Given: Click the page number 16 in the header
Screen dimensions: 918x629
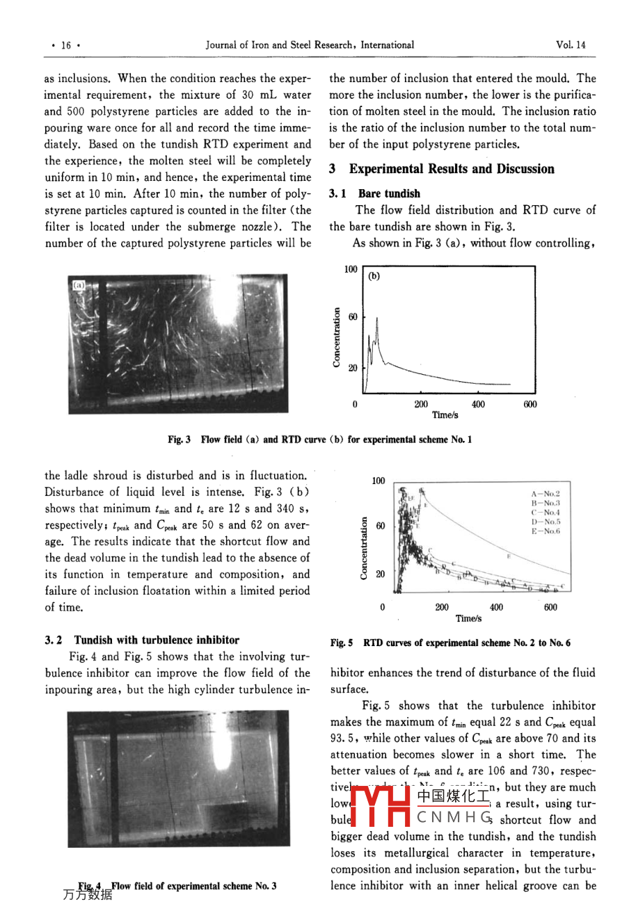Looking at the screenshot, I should coord(66,45).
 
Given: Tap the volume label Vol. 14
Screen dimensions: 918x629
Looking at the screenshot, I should coord(571,45).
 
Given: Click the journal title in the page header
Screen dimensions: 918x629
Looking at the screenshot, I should coord(310,45).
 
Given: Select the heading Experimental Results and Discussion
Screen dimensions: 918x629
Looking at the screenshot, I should coord(452,169).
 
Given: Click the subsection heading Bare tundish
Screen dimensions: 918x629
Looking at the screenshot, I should coord(389,193).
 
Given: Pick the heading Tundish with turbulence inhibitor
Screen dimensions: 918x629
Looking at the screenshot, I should coord(157,640).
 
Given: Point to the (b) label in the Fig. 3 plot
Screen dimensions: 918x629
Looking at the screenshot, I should coord(374,276).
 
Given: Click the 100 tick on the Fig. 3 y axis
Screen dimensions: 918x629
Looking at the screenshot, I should coord(351,269).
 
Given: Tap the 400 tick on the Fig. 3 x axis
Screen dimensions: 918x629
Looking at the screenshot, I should coord(478,404).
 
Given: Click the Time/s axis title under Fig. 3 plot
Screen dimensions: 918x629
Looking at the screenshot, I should coord(445,415).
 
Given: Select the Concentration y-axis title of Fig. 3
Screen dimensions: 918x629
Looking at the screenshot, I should coord(337,337).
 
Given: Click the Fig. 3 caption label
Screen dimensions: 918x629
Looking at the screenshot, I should coord(179,440).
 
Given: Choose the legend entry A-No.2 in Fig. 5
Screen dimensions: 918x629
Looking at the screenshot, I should coord(546,494).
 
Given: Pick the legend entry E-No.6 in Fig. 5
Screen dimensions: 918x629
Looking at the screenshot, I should coord(546,531).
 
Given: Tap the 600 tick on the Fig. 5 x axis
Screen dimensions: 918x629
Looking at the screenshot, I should coord(550,607).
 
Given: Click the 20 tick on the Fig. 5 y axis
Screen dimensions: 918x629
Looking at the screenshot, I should coord(380,574).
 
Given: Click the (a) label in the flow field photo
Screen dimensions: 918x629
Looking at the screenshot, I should coord(79,284).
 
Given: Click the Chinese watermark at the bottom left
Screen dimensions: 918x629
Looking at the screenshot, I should coord(87,895).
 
